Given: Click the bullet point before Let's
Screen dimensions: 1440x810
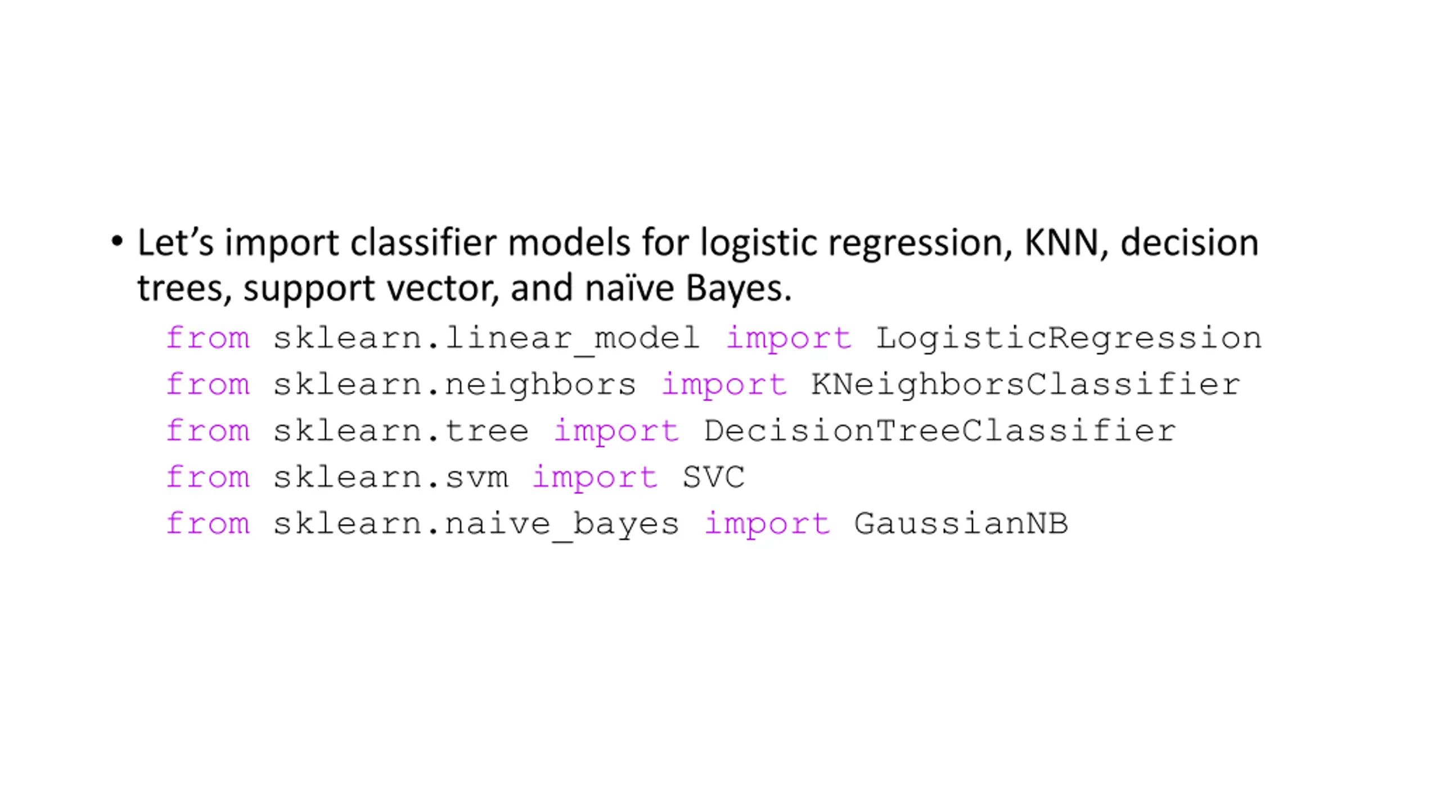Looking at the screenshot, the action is [x=117, y=242].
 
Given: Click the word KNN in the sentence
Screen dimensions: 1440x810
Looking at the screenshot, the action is [x=1060, y=243].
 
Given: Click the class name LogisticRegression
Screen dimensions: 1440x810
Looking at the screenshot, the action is [x=1069, y=339].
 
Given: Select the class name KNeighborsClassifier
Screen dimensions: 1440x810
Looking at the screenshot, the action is [x=1025, y=385].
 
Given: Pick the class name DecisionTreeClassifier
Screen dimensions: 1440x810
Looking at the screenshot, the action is [x=939, y=431].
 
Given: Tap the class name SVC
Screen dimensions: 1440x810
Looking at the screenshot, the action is [x=714, y=478].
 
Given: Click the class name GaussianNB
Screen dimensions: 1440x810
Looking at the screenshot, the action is [x=961, y=524].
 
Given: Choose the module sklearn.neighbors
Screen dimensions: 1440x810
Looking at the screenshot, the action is [x=454, y=385].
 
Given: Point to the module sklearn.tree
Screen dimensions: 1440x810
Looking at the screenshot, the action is [x=401, y=431].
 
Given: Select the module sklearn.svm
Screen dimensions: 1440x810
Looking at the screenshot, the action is [x=391, y=478].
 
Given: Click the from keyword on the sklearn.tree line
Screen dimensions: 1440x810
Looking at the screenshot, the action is [x=208, y=431].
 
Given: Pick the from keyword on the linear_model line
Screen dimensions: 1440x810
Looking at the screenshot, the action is [x=208, y=339].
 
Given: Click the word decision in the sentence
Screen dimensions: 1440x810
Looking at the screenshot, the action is [x=1189, y=243].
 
